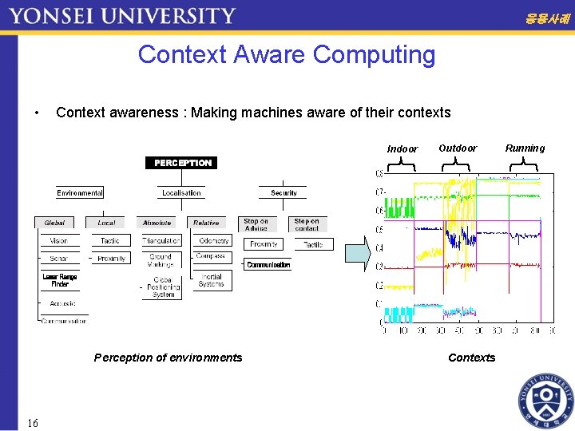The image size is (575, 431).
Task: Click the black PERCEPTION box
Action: pyautogui.click(x=183, y=163)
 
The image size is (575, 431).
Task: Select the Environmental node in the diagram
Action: pyautogui.click(x=80, y=192)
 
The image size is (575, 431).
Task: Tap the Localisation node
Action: pyautogui.click(x=182, y=192)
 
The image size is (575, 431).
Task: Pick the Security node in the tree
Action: pyautogui.click(x=284, y=192)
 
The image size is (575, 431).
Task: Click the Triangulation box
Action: pyautogui.click(x=161, y=240)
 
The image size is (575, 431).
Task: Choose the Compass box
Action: pyautogui.click(x=211, y=256)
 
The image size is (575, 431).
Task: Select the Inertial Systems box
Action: pyautogui.click(x=212, y=280)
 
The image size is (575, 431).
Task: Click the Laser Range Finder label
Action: pyautogui.click(x=60, y=280)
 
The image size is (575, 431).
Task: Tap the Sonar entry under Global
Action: pyautogui.click(x=59, y=259)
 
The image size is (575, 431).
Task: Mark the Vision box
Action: pyautogui.click(x=59, y=240)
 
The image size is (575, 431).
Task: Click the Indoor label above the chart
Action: pyautogui.click(x=402, y=149)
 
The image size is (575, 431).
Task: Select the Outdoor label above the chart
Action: pyautogui.click(x=458, y=148)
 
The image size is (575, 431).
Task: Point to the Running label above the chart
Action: pyautogui.click(x=525, y=148)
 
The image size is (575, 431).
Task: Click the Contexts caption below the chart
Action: pyautogui.click(x=471, y=358)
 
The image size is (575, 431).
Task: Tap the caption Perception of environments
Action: pyautogui.click(x=168, y=358)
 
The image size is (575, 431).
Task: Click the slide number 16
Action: pyautogui.click(x=32, y=422)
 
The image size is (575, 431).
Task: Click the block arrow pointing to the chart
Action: pyautogui.click(x=357, y=253)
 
